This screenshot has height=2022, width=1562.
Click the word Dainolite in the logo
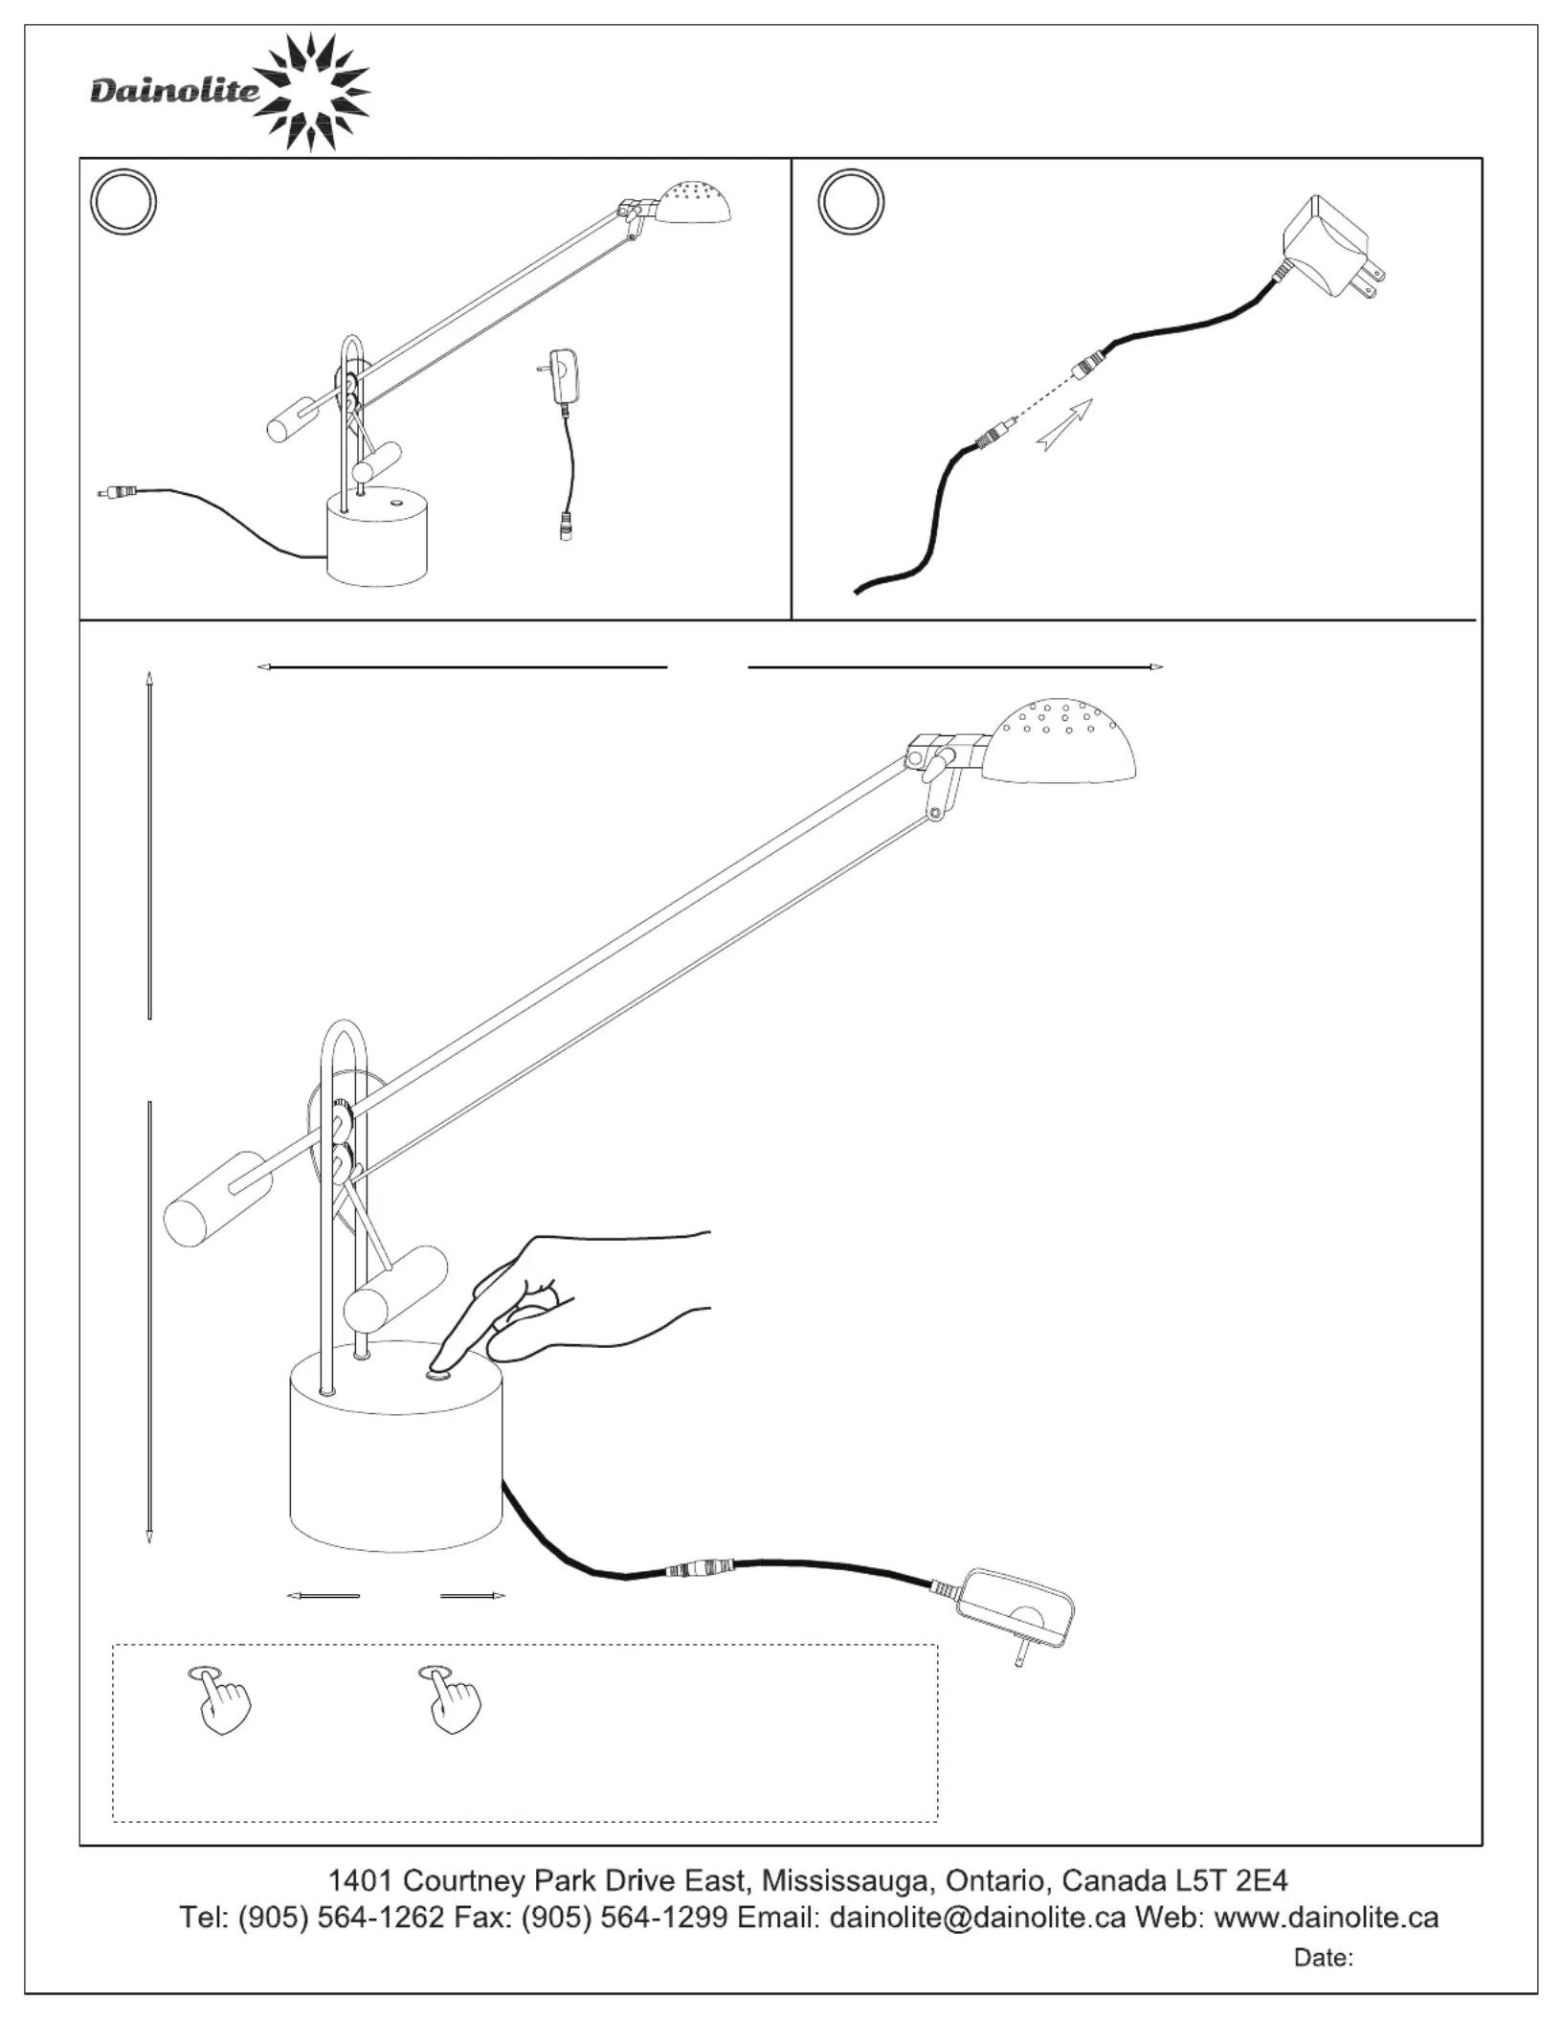click(x=174, y=92)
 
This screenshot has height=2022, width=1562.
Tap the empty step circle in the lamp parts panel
click(x=123, y=201)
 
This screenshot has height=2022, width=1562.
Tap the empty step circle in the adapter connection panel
click(x=851, y=201)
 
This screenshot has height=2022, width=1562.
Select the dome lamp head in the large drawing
click(x=1063, y=742)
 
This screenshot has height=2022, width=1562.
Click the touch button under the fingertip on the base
click(x=438, y=1377)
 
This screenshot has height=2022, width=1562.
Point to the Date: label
click(x=1323, y=1958)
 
